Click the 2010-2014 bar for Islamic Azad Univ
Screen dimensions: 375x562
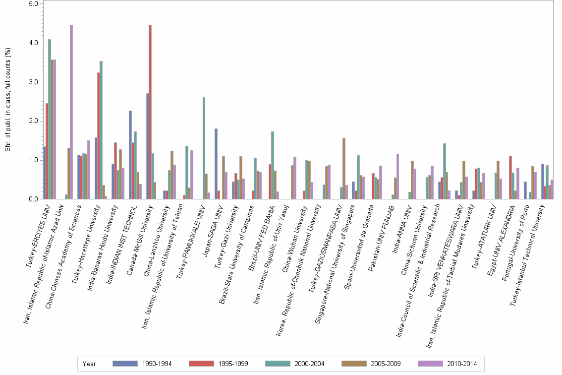pos(71,112)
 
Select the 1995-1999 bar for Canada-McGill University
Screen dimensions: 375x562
pos(150,112)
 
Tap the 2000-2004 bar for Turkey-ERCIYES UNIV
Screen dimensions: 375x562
pos(50,119)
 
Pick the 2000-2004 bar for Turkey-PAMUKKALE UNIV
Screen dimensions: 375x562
pos(204,148)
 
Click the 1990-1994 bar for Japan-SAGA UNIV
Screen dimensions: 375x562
pos(216,164)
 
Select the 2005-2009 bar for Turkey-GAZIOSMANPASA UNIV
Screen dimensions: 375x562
pos(344,169)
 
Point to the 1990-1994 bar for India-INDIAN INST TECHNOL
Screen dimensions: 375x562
pos(130,155)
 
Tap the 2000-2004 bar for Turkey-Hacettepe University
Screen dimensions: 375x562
pos(101,130)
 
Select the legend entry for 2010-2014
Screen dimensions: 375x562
pos(448,364)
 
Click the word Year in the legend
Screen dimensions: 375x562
pos(89,364)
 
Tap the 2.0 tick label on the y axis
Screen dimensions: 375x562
pos(34,121)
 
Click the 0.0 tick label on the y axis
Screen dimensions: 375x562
pos(34,199)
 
